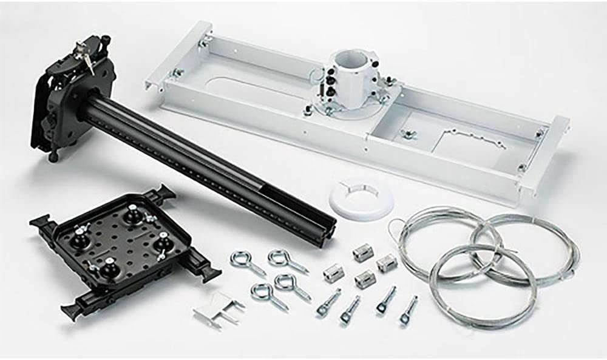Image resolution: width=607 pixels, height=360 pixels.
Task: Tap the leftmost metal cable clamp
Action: point(333,273)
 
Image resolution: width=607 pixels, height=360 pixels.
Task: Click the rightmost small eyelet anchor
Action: point(409,310)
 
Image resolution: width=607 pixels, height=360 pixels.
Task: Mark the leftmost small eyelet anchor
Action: point(328,302)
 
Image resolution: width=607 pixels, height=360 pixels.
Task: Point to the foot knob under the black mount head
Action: point(54,157)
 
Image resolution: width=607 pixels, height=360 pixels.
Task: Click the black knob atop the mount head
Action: point(106,40)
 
